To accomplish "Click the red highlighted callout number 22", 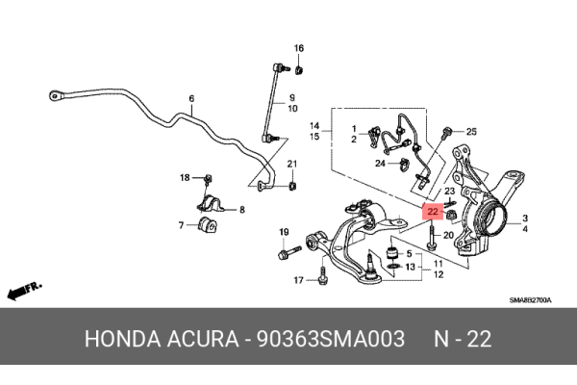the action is [x=433, y=212].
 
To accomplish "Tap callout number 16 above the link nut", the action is [x=299, y=48].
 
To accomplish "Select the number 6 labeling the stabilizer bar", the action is [x=191, y=99].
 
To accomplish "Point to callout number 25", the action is [x=471, y=132].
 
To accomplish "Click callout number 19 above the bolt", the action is [x=284, y=232].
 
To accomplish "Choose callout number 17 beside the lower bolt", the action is [x=298, y=280].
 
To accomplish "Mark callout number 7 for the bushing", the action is [x=181, y=224].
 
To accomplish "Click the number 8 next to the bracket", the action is [x=241, y=210].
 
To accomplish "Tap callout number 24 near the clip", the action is [x=380, y=163].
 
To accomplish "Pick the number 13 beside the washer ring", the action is [x=411, y=267].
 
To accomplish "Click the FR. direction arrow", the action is [x=24, y=291].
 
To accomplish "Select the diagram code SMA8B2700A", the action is [x=530, y=300].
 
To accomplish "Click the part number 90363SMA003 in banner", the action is [x=331, y=339].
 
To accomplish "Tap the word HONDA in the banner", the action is [x=123, y=339].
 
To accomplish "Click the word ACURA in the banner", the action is [x=203, y=339].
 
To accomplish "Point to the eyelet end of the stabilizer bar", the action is [x=56, y=96].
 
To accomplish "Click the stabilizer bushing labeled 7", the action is [x=207, y=225].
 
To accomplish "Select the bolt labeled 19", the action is [x=289, y=252].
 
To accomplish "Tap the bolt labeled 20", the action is [x=431, y=237].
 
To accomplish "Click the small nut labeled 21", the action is [x=292, y=186].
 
